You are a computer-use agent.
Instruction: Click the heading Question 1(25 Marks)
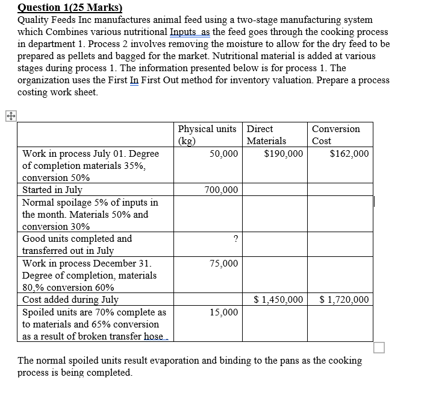[x=70, y=8]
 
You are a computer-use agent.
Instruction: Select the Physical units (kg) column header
[x=207, y=134]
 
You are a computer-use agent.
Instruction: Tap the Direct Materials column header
[x=266, y=134]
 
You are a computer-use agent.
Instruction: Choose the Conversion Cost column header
[x=335, y=134]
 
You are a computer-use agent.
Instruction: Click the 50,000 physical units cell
[x=223, y=154]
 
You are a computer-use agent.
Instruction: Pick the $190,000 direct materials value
[x=283, y=154]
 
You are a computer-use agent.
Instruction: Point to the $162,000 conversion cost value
[x=349, y=154]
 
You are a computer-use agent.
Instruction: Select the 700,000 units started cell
[x=221, y=191]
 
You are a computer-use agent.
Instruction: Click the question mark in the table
[x=235, y=239]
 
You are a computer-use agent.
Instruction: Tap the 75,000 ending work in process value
[x=223, y=264]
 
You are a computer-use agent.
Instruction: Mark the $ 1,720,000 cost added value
[x=344, y=300]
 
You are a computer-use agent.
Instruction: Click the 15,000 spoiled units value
[x=223, y=312]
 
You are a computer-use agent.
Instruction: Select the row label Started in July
[x=52, y=190]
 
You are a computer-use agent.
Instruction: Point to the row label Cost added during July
[x=70, y=300]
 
